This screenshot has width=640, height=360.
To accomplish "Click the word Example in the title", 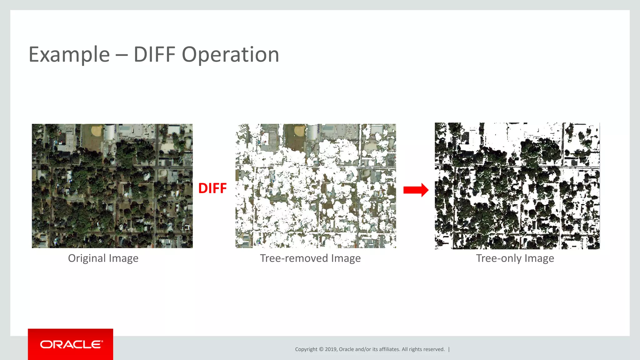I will click(69, 55).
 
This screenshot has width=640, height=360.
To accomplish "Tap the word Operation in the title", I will click(230, 55).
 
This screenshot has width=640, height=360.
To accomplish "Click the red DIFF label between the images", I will click(212, 188).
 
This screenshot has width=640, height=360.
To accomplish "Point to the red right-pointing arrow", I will click(416, 190).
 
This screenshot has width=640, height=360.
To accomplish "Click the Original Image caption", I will click(103, 258).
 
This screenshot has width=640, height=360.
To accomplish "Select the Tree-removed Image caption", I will click(310, 258).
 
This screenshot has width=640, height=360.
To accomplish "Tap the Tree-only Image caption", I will click(515, 258).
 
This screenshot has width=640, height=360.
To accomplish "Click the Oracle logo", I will click(71, 344).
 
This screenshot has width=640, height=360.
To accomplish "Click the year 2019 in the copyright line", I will click(330, 349).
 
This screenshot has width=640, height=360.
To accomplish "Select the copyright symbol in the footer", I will click(321, 349).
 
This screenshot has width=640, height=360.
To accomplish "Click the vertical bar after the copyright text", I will click(449, 349).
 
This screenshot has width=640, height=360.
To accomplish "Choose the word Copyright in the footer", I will click(306, 349).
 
